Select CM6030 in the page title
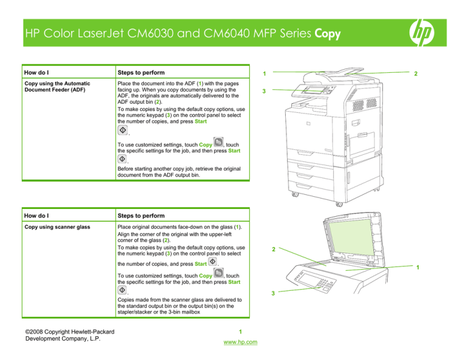coord(163,34)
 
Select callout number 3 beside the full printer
coord(262,92)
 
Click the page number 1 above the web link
coord(240,331)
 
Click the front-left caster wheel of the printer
coord(295,195)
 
